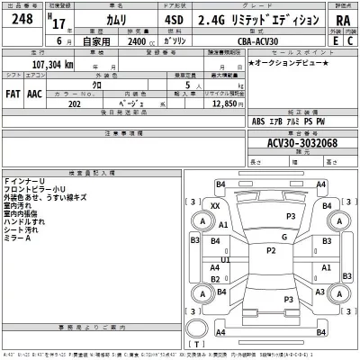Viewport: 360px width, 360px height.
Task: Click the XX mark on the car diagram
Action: tap(215, 206)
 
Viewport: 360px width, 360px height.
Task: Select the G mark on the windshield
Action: tap(283, 237)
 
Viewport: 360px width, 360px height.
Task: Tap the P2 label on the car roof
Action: tap(269, 251)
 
